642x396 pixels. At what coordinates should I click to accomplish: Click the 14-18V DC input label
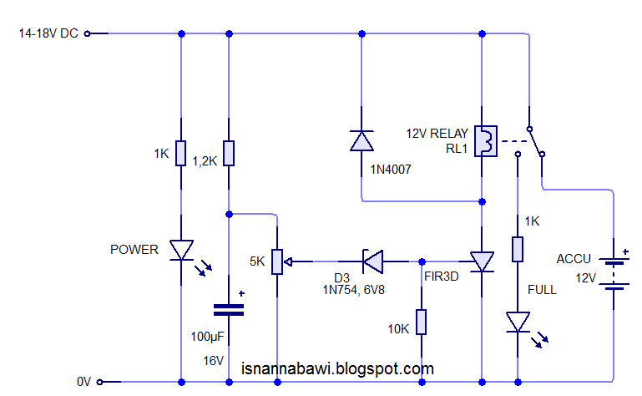(48, 33)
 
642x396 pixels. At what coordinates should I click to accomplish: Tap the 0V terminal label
(83, 382)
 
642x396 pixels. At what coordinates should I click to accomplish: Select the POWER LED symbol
(181, 250)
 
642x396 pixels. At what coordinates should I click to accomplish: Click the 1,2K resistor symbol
(229, 154)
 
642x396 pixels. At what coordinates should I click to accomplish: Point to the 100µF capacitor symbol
(229, 309)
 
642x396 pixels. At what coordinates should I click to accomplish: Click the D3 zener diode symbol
(372, 261)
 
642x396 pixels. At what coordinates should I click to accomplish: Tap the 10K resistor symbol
(422, 322)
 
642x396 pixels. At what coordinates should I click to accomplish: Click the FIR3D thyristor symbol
(482, 261)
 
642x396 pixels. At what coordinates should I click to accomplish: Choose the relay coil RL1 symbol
(485, 140)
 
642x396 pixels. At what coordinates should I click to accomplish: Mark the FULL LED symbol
(518, 322)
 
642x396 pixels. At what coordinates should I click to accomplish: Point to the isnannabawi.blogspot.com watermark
(337, 368)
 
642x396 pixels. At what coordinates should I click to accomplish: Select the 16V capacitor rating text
(214, 360)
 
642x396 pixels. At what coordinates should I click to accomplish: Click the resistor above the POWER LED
(181, 154)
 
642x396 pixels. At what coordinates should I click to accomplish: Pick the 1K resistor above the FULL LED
(518, 249)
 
